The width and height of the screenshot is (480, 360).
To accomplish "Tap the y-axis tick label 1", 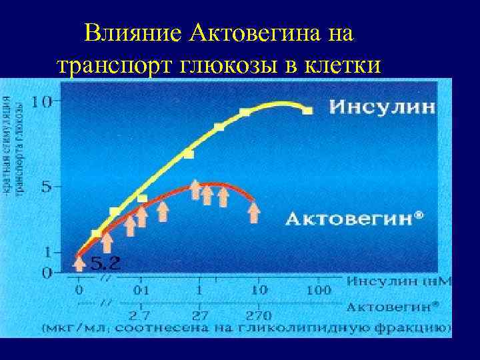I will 47,253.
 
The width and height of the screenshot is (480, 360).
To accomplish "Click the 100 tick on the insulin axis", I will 319,291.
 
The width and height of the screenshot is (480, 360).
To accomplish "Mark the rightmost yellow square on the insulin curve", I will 307,111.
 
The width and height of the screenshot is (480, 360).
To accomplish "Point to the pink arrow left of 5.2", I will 79,263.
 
